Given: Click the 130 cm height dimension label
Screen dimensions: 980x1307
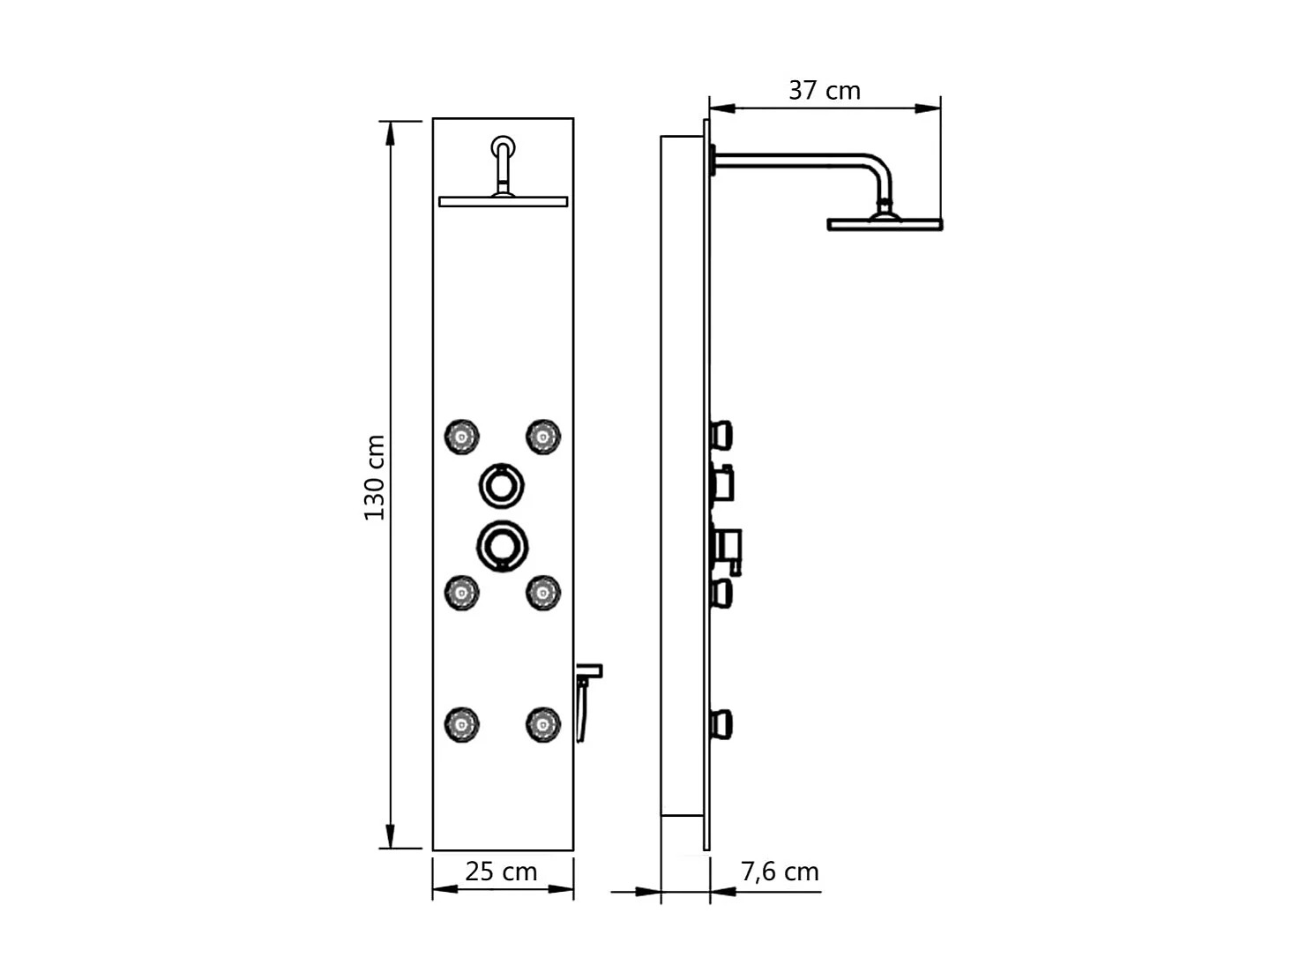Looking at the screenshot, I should (x=375, y=477).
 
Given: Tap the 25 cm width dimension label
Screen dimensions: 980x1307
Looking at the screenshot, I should (x=501, y=872).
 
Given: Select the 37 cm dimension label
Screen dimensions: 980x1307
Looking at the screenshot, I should (x=824, y=90).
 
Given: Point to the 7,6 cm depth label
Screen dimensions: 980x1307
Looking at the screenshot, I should (x=780, y=872).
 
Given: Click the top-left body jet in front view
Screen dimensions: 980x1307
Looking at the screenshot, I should (x=461, y=436).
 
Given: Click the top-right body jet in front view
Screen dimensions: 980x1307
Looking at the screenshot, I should (x=542, y=436).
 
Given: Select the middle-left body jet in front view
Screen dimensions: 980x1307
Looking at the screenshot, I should (x=461, y=593).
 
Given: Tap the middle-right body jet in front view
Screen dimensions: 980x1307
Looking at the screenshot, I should (x=542, y=593).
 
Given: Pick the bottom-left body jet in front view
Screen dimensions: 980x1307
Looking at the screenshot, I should (x=461, y=724).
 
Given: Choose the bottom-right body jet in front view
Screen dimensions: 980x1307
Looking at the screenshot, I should (x=542, y=724).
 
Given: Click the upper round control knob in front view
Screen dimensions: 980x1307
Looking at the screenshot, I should (x=502, y=483).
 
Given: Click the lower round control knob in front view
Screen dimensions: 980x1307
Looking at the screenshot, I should (x=502, y=545).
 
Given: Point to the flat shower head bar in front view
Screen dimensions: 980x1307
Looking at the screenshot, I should (x=503, y=202).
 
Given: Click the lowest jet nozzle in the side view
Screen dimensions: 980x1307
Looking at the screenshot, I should (x=722, y=724).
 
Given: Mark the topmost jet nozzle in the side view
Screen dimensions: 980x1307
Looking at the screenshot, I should (x=722, y=435).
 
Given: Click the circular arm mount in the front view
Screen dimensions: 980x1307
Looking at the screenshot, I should (x=504, y=146).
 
